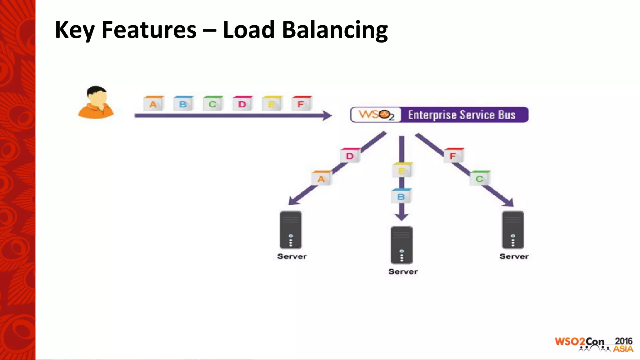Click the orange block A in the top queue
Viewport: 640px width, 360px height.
(x=153, y=103)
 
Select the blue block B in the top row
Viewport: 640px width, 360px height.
(x=183, y=103)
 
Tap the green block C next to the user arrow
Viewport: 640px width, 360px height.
(x=213, y=103)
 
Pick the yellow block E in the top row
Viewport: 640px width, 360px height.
(x=272, y=103)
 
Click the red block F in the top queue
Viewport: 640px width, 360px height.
(x=302, y=103)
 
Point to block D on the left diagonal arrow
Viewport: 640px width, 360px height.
(x=350, y=155)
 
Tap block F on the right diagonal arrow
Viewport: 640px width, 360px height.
(x=453, y=155)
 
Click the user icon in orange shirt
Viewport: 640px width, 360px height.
(x=96, y=102)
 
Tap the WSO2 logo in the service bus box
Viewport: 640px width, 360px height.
(x=376, y=115)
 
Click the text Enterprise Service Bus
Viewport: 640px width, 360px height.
(x=462, y=115)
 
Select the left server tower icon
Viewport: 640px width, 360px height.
(x=291, y=230)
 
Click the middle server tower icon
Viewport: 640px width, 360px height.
(x=402, y=245)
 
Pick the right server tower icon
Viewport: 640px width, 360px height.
(x=513, y=230)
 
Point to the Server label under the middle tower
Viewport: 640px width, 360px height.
(x=403, y=271)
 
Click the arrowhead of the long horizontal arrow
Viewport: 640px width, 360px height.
(x=327, y=116)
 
